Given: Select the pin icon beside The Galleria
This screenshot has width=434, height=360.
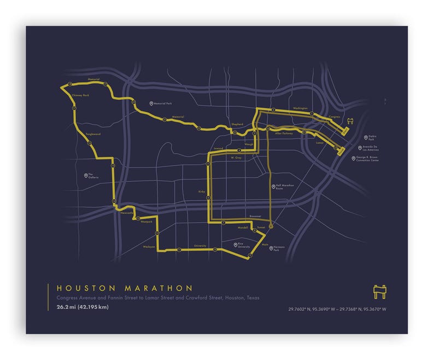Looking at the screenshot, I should pyautogui.click(x=86, y=176).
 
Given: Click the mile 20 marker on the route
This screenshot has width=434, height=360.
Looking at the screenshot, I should pyautogui.click(x=134, y=102).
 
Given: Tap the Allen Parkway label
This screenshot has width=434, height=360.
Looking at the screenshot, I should pyautogui.click(x=284, y=133).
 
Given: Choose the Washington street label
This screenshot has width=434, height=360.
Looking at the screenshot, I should pyautogui.click(x=300, y=108).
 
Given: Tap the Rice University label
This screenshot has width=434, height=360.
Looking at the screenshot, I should pyautogui.click(x=244, y=246).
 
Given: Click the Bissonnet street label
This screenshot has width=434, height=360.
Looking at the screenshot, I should pyautogui.click(x=254, y=217).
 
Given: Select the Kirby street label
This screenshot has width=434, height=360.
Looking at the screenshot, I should pyautogui.click(x=201, y=192).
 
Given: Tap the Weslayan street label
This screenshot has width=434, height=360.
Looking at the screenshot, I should pyautogui.click(x=149, y=247).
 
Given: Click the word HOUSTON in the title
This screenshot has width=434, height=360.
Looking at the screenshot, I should pyautogui.click(x=86, y=288).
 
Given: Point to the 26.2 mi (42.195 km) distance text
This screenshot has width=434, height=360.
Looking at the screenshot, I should pyautogui.click(x=82, y=307).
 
